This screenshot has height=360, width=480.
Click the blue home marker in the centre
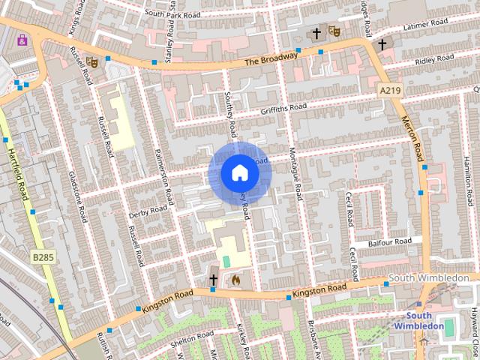pos(239,173)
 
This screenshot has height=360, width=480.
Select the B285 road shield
pos(42,256)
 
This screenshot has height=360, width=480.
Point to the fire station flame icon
pos(235,280)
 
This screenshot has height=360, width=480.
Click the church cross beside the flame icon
pos(214,280)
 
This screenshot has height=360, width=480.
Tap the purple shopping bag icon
pos(23,39)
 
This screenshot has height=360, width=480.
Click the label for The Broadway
pos(271,58)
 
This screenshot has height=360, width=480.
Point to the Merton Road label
pos(413,139)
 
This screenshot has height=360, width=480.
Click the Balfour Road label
pos(390,242)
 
